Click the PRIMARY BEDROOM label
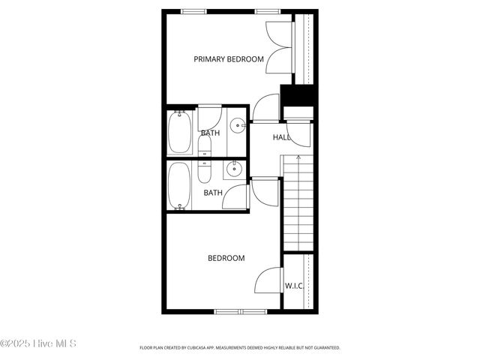(229, 59)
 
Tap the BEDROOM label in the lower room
(226, 259)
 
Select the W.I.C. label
(294, 286)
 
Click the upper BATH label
(210, 133)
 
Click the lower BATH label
(213, 193)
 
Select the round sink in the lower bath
(235, 169)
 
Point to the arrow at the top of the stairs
(298, 159)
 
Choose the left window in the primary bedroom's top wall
(194, 11)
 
